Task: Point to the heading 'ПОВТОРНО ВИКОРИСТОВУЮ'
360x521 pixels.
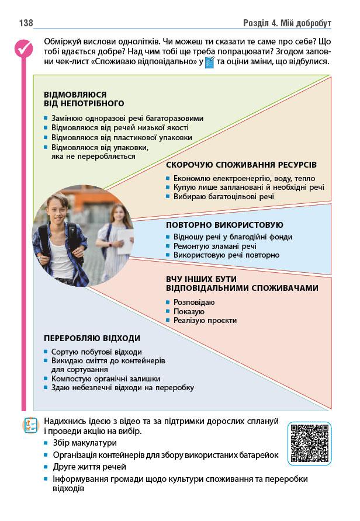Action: (x=224, y=225)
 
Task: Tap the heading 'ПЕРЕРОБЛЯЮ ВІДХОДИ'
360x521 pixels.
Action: (x=92, y=338)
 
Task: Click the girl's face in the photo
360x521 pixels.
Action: (x=116, y=214)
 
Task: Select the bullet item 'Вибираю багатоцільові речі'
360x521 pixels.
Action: (x=223, y=197)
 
